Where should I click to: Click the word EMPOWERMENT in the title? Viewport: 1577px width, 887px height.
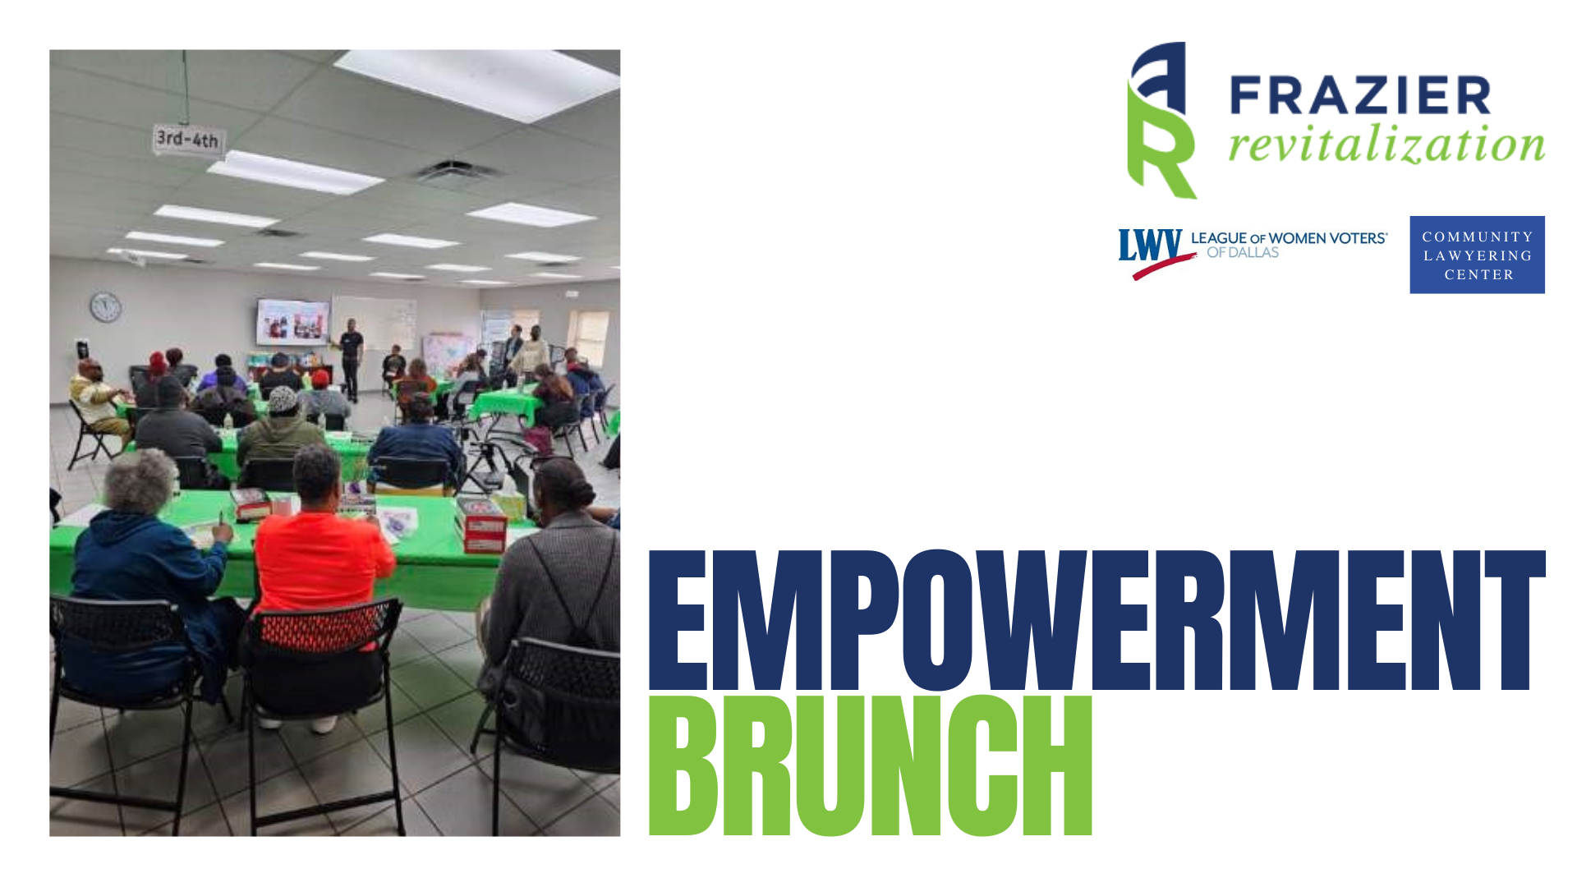[x=1097, y=620]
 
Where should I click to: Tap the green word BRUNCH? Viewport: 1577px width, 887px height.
[x=871, y=765]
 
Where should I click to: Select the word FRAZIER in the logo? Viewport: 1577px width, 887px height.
[x=1360, y=95]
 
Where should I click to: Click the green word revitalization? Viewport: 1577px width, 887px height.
[x=1386, y=145]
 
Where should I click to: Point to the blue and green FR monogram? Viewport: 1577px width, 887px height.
[x=1161, y=120]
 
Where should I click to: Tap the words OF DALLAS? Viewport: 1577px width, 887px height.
[x=1243, y=253]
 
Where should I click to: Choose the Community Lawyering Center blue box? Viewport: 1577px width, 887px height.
[x=1477, y=255]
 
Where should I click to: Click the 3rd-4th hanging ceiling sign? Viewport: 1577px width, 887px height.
[x=188, y=139]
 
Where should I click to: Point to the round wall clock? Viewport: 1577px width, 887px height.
[x=105, y=307]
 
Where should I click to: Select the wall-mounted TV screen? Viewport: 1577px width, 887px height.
[x=292, y=321]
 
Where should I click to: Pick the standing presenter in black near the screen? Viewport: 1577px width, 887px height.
[x=351, y=359]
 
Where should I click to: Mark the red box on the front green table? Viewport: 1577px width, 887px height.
[x=482, y=525]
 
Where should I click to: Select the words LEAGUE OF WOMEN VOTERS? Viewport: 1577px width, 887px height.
[x=1289, y=238]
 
